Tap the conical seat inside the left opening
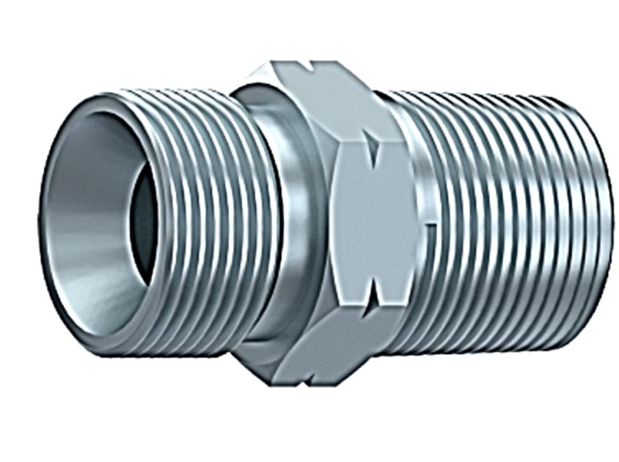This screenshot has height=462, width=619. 88,220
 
